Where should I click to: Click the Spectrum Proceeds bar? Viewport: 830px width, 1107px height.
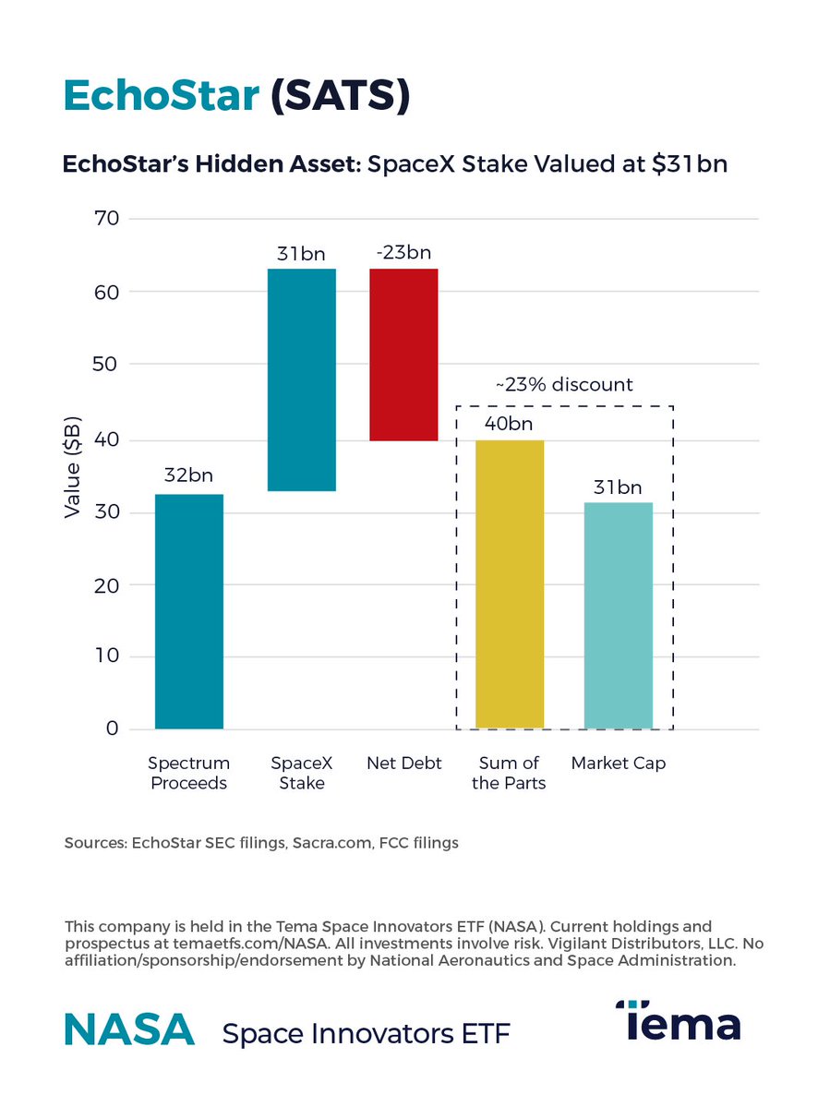189,611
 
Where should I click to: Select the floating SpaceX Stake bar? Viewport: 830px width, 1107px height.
301,379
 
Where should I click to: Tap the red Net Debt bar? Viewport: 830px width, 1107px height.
403,355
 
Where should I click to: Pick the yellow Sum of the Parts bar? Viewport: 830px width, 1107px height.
510,584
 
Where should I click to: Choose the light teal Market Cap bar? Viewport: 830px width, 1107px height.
619,615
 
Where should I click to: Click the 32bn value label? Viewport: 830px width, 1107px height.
188,476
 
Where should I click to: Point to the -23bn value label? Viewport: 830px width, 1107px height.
403,252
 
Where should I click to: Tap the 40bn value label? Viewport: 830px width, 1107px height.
509,424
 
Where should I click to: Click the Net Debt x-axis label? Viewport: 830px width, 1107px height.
404,764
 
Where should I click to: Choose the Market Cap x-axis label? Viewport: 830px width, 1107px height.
619,764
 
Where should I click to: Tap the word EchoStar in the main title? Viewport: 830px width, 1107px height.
162,96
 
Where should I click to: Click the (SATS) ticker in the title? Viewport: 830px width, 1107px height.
340,96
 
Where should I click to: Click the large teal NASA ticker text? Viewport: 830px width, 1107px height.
129,1029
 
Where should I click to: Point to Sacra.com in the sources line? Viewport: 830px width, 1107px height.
330,843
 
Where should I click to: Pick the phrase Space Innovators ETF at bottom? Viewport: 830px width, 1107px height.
366,1033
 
